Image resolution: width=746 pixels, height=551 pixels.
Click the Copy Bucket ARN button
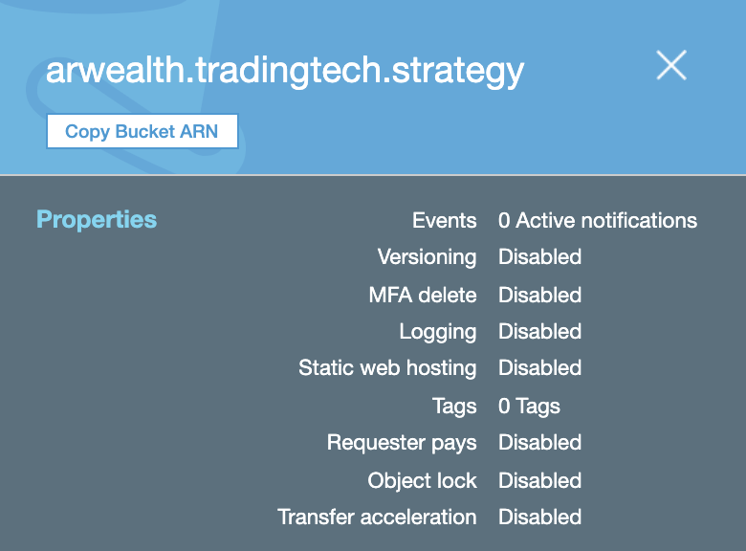142,132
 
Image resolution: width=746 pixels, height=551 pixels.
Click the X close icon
671,65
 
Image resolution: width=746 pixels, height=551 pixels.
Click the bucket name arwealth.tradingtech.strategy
285,72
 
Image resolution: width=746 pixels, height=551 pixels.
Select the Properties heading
97,220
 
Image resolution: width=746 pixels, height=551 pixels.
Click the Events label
444,221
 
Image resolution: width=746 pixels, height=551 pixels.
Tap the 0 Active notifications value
598,221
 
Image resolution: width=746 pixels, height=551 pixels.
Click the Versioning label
427,257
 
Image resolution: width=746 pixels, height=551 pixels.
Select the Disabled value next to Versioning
539,257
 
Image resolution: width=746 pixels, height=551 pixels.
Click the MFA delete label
422,295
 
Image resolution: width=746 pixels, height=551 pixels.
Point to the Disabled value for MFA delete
539,295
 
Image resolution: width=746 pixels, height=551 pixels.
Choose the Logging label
437,332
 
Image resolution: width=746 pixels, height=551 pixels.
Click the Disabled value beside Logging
539,332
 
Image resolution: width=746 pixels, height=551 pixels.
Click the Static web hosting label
386,368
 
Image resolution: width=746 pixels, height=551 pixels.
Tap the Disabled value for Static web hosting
539,368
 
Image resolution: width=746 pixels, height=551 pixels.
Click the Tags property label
454,406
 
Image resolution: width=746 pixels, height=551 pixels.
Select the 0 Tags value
529,406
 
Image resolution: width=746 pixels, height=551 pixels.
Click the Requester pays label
401,443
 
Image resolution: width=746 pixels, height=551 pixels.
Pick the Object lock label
422,480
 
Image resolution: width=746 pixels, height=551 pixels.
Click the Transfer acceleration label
376,518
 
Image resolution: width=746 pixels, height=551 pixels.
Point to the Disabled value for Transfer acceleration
539,518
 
